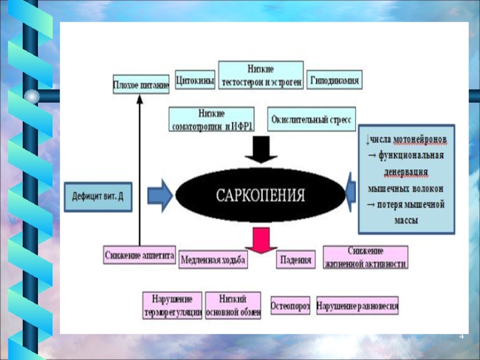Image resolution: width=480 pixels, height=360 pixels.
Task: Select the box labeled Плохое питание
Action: click(141, 83)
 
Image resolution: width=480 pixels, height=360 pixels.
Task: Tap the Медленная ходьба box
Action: click(214, 260)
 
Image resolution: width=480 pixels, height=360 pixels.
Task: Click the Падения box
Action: click(296, 260)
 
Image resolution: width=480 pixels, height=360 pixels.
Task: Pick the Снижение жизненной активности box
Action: click(365, 257)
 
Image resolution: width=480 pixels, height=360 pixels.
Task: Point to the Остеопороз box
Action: click(290, 305)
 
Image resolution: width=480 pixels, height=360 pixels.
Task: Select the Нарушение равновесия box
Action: click(358, 305)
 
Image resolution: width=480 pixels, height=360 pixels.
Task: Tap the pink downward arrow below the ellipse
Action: click(260, 239)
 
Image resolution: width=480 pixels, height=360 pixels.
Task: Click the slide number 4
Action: click(462, 335)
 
